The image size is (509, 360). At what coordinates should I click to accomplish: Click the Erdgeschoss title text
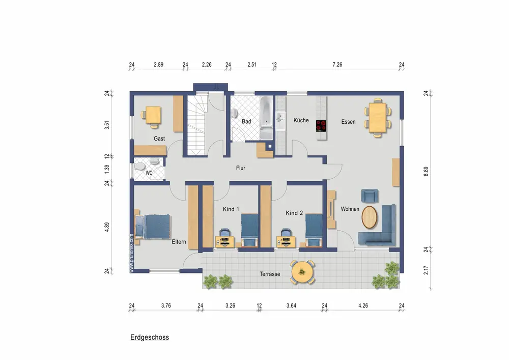click(150, 337)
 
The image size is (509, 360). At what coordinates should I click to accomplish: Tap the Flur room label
click(241, 168)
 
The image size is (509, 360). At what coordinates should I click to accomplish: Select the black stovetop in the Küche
click(321, 126)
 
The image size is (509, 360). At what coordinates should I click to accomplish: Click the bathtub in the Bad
click(267, 118)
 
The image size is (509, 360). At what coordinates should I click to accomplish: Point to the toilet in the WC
click(141, 167)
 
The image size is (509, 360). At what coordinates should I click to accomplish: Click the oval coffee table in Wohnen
click(370, 217)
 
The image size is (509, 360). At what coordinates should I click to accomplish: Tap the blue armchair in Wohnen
click(370, 196)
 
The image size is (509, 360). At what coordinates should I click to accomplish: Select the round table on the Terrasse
click(302, 272)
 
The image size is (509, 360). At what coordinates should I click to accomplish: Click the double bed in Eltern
click(153, 227)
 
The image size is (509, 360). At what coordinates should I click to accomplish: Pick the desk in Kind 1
click(224, 241)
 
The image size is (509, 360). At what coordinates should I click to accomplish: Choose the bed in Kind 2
click(314, 230)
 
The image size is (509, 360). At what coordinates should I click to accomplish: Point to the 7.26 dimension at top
click(337, 65)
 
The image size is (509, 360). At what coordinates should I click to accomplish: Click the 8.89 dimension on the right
click(426, 172)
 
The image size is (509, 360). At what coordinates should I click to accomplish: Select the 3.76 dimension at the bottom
click(166, 306)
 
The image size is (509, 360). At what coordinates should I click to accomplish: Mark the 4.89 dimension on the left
click(107, 227)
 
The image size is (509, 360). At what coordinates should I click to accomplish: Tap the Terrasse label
click(270, 274)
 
